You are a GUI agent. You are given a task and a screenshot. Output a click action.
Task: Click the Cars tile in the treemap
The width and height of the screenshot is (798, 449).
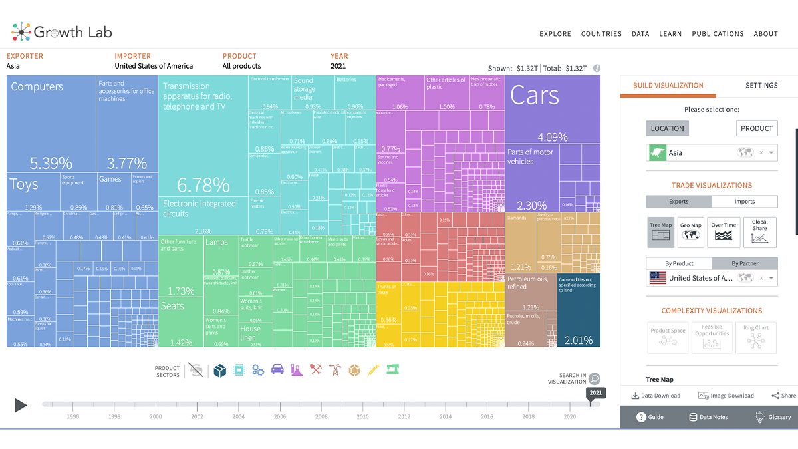(553, 110)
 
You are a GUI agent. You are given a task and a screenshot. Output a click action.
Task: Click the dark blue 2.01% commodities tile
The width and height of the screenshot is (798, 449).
(579, 309)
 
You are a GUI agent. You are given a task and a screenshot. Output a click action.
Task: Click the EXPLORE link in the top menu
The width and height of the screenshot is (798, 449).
(555, 34)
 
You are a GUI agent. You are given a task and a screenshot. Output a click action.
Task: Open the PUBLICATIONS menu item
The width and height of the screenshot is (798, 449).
(718, 34)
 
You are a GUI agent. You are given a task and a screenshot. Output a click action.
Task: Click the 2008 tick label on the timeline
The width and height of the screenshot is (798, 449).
(321, 417)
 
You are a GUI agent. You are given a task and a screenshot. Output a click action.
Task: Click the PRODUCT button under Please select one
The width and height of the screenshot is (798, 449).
(757, 128)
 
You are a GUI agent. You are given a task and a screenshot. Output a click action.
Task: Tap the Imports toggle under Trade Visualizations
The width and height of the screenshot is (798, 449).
(744, 202)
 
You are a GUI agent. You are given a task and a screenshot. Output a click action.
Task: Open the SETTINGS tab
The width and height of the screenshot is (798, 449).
(761, 86)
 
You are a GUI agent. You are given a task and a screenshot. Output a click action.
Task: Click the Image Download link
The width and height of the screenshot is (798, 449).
(726, 396)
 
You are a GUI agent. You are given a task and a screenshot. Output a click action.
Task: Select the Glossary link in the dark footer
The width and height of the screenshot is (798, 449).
(773, 417)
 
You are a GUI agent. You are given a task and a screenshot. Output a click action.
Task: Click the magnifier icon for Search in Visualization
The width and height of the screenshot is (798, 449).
(595, 379)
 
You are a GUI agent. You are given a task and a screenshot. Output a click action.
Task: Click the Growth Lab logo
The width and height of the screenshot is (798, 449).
(62, 31)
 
